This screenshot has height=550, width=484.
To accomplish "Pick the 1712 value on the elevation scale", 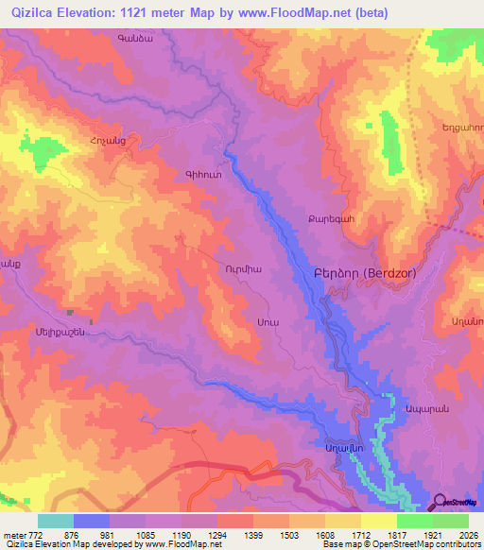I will (360, 534).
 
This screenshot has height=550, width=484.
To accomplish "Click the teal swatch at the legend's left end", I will (56, 521).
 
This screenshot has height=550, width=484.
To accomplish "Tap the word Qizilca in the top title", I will (34, 13).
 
